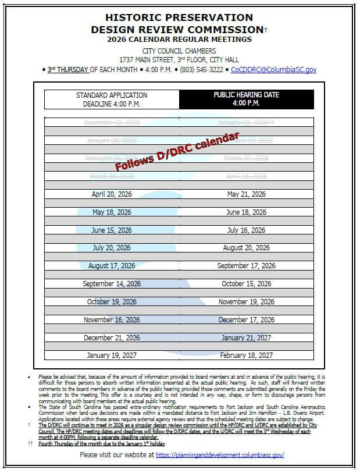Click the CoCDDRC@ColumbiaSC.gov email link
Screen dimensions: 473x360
point(273,69)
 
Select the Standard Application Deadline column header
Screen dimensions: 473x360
point(112,99)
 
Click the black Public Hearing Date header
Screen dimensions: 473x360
point(246,99)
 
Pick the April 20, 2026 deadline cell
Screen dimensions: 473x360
point(112,194)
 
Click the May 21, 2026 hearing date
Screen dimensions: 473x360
point(246,194)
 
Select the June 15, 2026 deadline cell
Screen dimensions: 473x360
point(112,230)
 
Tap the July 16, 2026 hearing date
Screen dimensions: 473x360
point(246,230)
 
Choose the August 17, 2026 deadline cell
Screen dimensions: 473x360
point(112,266)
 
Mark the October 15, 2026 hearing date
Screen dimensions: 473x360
point(246,284)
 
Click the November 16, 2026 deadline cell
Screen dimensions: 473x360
point(112,319)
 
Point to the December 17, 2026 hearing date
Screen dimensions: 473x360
point(246,319)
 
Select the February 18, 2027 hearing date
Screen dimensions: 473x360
point(246,355)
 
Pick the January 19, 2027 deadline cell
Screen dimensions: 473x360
point(112,355)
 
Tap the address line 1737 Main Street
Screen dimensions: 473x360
point(179,60)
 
